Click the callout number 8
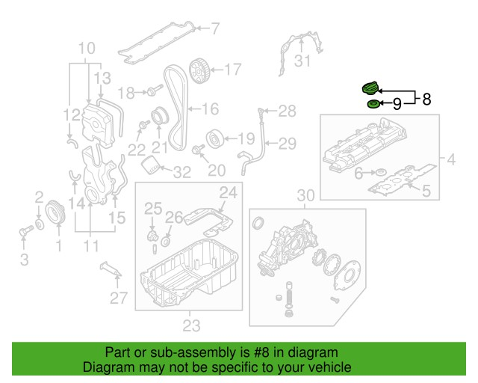point(426,98)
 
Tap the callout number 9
point(397,103)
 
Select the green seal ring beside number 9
point(373,103)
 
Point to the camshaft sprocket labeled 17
point(199,71)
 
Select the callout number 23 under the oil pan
point(192,325)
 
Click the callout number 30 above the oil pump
point(307,196)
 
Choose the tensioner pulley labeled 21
point(158,117)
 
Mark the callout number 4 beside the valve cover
point(451,159)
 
